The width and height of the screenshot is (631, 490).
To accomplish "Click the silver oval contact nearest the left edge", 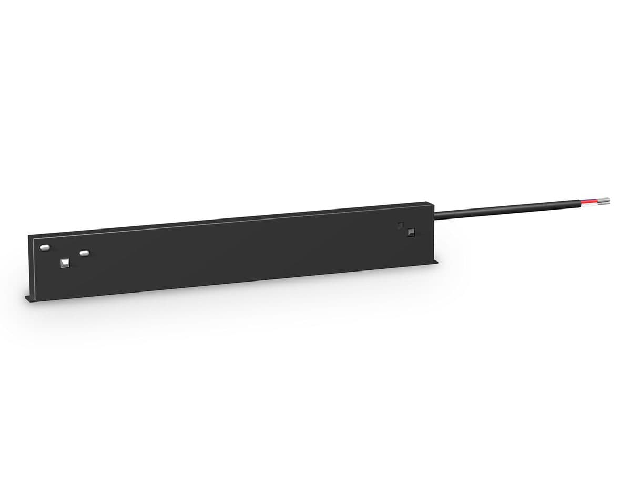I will pos(45,246).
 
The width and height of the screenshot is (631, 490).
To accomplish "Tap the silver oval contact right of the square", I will pos(83,253).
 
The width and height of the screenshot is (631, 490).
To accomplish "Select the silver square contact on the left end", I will pos(65,262).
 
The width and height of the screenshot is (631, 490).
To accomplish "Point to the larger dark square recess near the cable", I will pos(411,231).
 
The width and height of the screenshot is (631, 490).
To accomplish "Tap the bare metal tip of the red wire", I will pos(605,199).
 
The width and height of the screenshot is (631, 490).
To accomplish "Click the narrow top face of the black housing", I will pos(231,216).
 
